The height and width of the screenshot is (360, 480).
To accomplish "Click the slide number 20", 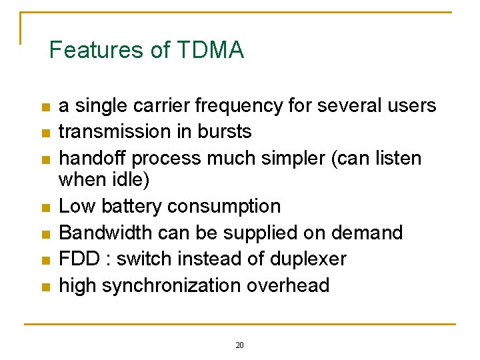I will tap(240, 345).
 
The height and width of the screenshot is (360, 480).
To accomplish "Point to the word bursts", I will tap(225, 132).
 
